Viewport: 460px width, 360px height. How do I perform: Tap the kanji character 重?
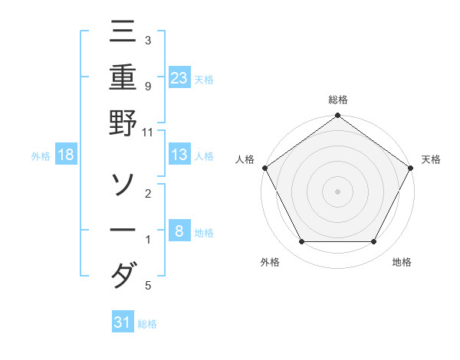pyautogui.click(x=123, y=78)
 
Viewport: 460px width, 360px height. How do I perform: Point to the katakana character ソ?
pyautogui.click(x=123, y=185)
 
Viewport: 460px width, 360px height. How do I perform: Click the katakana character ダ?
pyautogui.click(x=123, y=275)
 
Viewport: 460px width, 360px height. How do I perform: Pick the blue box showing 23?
pyautogui.click(x=179, y=77)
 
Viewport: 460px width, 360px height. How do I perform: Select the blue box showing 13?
pyautogui.click(x=179, y=155)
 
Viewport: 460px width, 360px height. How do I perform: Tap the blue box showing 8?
pyautogui.click(x=179, y=231)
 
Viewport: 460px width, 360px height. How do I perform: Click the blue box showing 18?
pyautogui.click(x=66, y=155)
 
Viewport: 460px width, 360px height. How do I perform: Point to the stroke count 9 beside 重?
pyautogui.click(x=147, y=87)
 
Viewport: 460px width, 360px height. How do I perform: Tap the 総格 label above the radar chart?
pyautogui.click(x=337, y=100)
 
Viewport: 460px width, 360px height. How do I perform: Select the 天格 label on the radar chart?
pyautogui.click(x=431, y=159)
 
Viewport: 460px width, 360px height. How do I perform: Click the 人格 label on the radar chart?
pyautogui.click(x=245, y=159)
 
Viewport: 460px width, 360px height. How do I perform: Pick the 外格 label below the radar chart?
pyautogui.click(x=270, y=263)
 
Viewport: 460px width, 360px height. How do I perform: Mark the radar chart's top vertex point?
pyautogui.click(x=337, y=116)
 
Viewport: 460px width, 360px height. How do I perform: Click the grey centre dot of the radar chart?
pyautogui.click(x=337, y=191)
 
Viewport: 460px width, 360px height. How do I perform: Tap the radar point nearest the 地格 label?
pyautogui.click(x=374, y=242)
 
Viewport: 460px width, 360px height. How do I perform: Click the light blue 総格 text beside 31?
pyautogui.click(x=147, y=324)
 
